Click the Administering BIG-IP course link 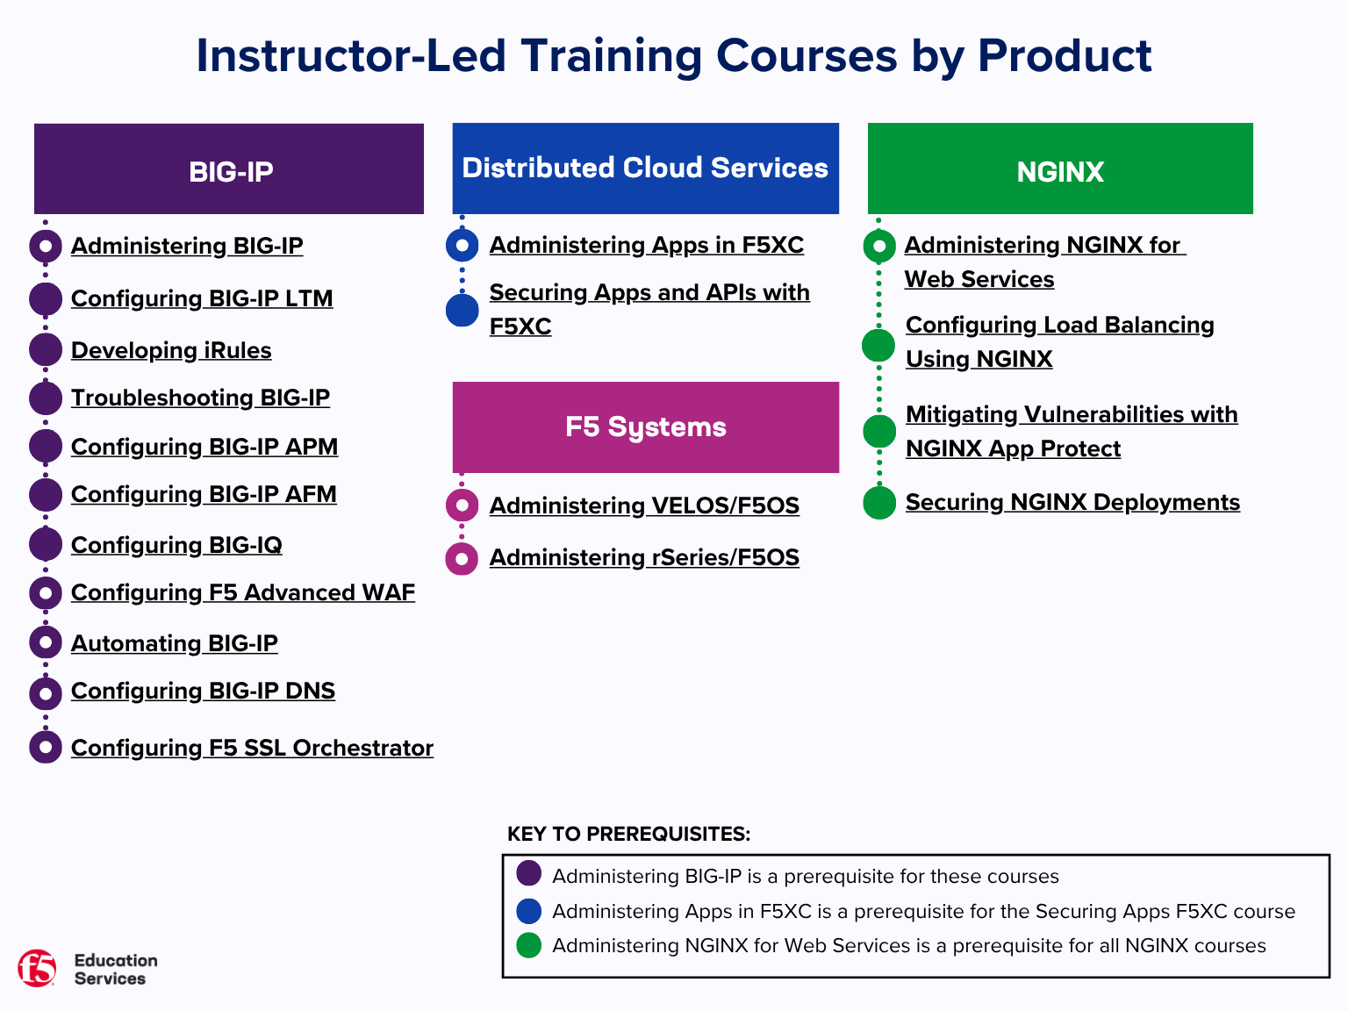pyautogui.click(x=187, y=246)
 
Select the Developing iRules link pyautogui.click(x=171, y=350)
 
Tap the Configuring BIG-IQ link pyautogui.click(x=176, y=545)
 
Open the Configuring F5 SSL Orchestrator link pyautogui.click(x=252, y=748)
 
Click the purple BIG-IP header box pyautogui.click(x=229, y=169)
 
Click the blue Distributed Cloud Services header pyautogui.click(x=645, y=168)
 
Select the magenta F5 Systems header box pyautogui.click(x=645, y=427)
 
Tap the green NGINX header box pyautogui.click(x=1060, y=169)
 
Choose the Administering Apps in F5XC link pyautogui.click(x=647, y=245)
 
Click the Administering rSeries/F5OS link pyautogui.click(x=644, y=557)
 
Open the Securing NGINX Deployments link pyautogui.click(x=1072, y=502)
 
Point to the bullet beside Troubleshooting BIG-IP pyautogui.click(x=46, y=398)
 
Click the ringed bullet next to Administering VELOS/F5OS pyautogui.click(x=462, y=505)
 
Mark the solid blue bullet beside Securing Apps pyautogui.click(x=462, y=310)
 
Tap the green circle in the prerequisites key pyautogui.click(x=529, y=945)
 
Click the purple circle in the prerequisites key pyautogui.click(x=529, y=874)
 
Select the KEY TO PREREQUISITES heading pyautogui.click(x=628, y=834)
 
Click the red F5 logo pyautogui.click(x=37, y=968)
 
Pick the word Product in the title pyautogui.click(x=1064, y=55)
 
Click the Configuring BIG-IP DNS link pyautogui.click(x=203, y=691)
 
